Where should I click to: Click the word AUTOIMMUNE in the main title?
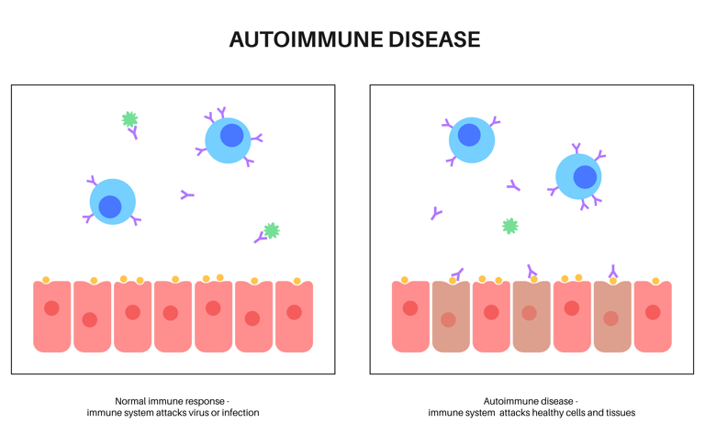pos(307,39)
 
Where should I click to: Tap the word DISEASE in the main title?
pos(434,39)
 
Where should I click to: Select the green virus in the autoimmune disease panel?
pos(509,226)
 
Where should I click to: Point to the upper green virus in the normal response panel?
pos(130,119)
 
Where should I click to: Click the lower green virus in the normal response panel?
pos(272,230)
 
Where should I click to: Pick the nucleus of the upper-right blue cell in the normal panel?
pos(232,135)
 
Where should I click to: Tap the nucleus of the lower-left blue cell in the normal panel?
pos(110,206)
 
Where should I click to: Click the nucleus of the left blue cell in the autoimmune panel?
pos(469,135)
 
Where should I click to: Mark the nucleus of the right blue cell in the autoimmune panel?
pos(585,177)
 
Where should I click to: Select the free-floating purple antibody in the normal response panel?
pos(186,195)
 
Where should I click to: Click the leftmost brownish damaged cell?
pos(451,317)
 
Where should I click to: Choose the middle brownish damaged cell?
pos(532,317)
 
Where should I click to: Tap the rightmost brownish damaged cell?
pos(613,317)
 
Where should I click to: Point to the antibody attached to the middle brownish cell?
pos(532,271)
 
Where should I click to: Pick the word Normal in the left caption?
pos(131,401)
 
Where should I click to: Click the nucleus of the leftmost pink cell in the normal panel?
pos(51,308)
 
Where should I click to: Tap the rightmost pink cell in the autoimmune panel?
pos(653,317)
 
